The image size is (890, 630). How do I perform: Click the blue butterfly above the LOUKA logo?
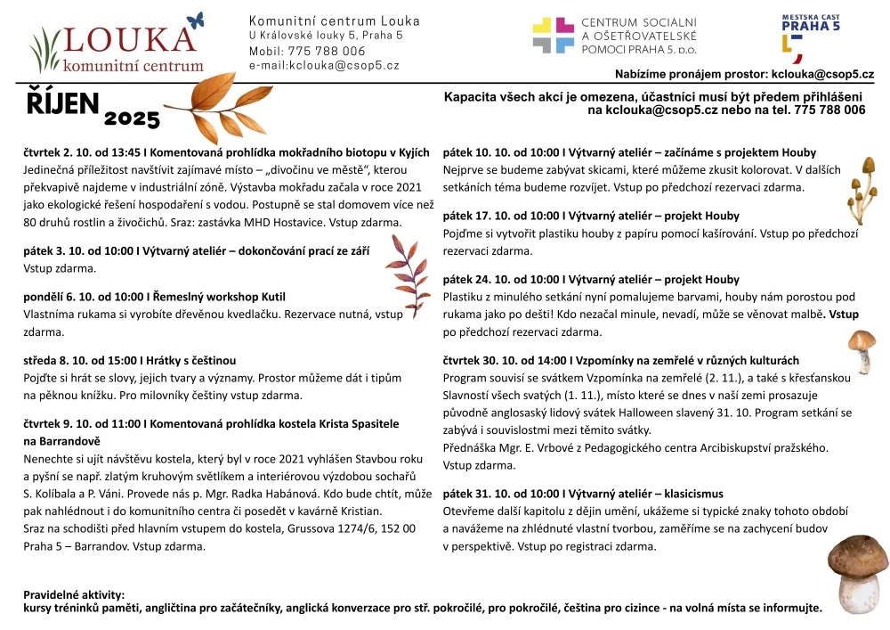[196, 20]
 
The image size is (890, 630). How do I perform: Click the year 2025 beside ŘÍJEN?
[132, 119]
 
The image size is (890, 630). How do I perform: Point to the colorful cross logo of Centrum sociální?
[553, 36]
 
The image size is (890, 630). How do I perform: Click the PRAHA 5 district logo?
[807, 36]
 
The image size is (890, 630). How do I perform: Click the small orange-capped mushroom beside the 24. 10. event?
[861, 349]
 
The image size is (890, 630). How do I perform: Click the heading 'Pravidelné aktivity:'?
[74, 594]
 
